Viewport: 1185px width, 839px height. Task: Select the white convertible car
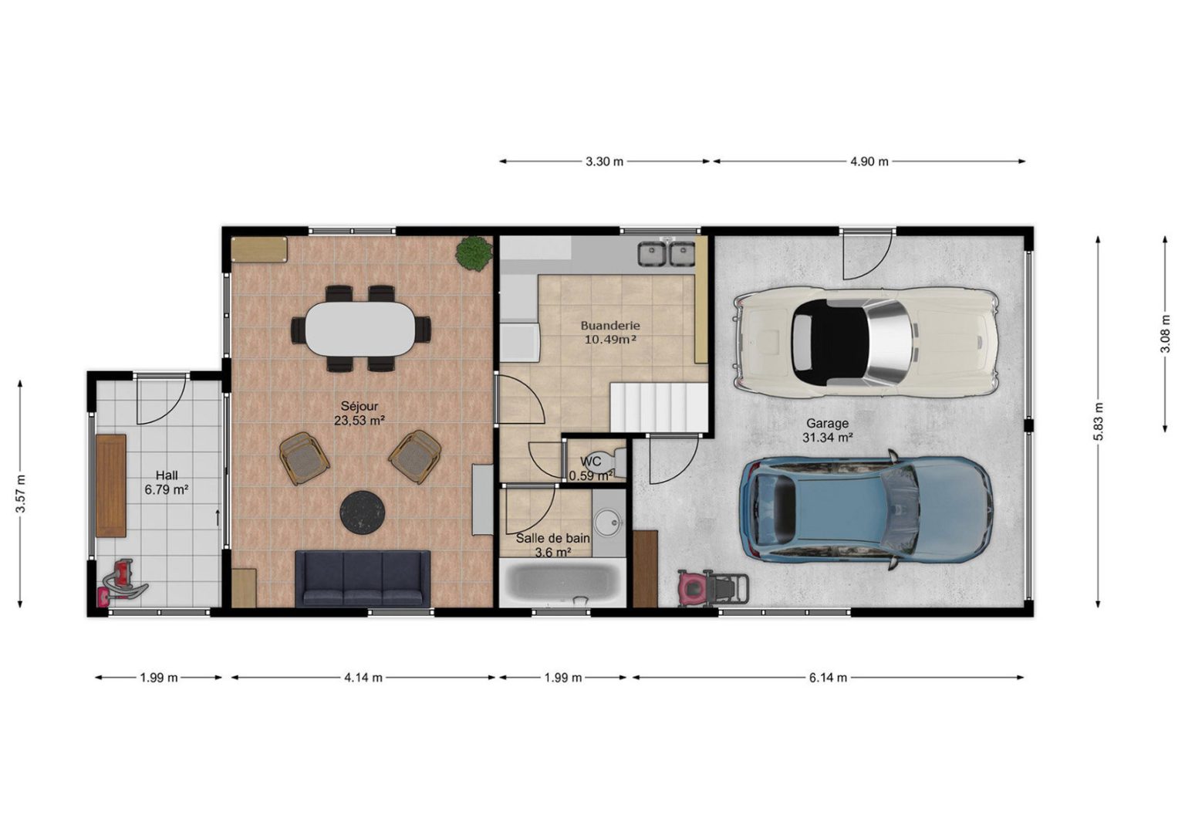click(x=866, y=342)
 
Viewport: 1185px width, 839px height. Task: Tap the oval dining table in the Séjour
click(x=360, y=329)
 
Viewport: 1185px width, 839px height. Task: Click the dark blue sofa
click(x=363, y=578)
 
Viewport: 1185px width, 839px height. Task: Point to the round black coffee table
click(x=363, y=511)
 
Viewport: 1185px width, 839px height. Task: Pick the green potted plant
click(x=474, y=254)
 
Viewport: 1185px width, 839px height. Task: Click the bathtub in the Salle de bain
click(x=562, y=583)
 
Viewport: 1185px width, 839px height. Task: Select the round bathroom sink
click(x=609, y=523)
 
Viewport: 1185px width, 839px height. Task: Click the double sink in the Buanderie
click(x=667, y=254)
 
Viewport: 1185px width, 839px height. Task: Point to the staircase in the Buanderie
click(x=659, y=408)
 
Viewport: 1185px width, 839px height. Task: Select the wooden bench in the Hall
click(x=111, y=486)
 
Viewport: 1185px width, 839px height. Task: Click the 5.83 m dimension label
click(x=1099, y=421)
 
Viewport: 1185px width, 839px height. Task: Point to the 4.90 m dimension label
click(x=869, y=161)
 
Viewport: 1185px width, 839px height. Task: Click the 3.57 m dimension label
click(x=21, y=494)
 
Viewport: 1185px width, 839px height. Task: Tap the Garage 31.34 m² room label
click(x=827, y=431)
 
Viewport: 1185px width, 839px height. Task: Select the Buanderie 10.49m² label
click(x=610, y=333)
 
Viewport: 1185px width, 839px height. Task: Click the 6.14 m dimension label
click(x=828, y=678)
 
